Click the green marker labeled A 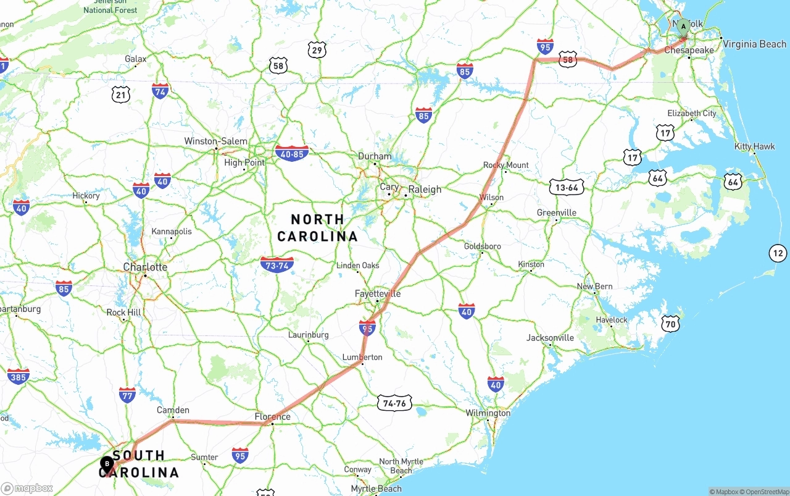point(683,27)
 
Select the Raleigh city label point(425,190)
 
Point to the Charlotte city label point(145,267)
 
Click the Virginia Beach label point(754,44)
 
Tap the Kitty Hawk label point(754,146)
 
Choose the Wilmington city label point(488,413)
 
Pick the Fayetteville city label point(378,293)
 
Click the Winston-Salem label point(215,141)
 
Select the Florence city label point(272,417)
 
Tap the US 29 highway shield point(317,50)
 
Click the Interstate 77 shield point(127,395)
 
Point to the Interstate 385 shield point(18,376)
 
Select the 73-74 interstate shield point(277,264)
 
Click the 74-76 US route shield point(394,403)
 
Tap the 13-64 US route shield point(567,187)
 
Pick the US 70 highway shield point(670,323)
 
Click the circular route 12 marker point(778,253)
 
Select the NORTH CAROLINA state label point(317,227)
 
